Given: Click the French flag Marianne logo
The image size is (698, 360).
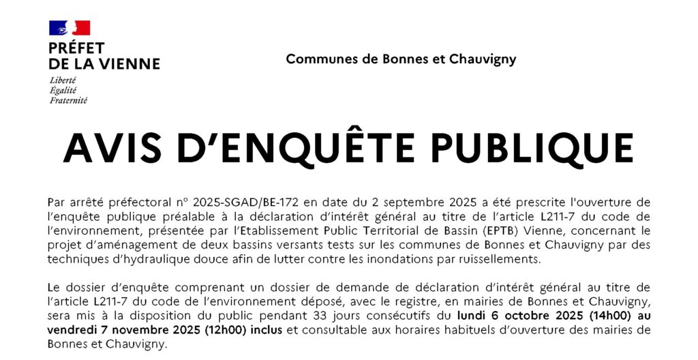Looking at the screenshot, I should pos(70,28).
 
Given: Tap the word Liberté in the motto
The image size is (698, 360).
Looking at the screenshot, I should pos(63,80).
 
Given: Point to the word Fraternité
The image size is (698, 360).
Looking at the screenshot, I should pos(68,100).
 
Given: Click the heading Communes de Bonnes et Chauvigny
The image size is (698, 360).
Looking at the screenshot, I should pos(401,59).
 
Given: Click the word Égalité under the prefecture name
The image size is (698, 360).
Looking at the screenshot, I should pos(63,90).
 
